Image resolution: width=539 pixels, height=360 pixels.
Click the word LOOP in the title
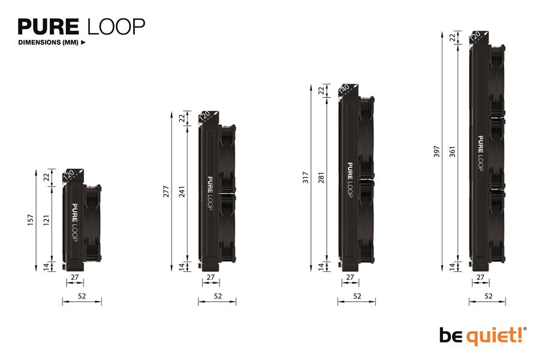(115, 27)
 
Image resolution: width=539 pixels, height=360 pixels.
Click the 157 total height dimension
(31, 221)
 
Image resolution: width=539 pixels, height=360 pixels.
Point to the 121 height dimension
(46, 221)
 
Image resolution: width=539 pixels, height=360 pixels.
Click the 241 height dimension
(182, 191)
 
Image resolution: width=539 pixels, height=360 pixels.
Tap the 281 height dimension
(321, 178)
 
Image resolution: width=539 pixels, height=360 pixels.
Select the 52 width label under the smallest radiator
(82, 296)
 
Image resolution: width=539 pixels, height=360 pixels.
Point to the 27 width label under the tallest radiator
(480, 277)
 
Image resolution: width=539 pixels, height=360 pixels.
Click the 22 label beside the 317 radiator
(321, 91)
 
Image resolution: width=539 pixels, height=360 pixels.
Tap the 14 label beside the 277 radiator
(182, 266)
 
